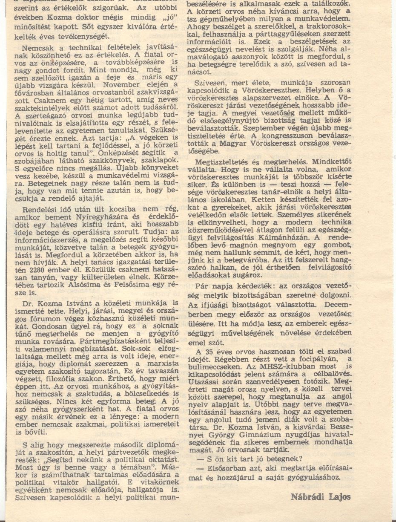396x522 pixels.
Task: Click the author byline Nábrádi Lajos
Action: pos(321,496)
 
